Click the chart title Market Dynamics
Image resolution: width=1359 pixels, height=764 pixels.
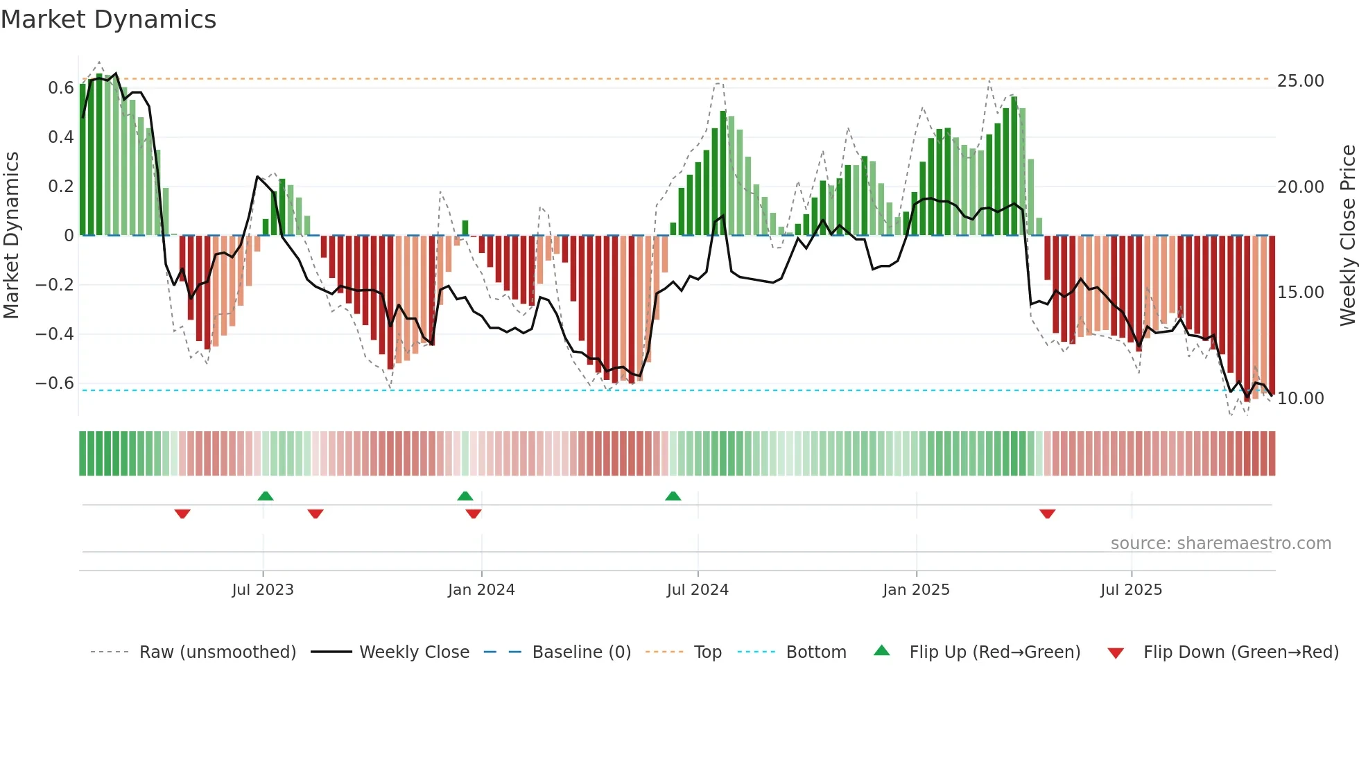pyautogui.click(x=109, y=19)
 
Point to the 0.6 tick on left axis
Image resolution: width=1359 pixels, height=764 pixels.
pyautogui.click(x=61, y=88)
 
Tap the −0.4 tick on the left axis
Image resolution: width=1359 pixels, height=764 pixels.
pyautogui.click(x=55, y=334)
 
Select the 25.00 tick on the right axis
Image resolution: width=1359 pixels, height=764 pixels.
pyautogui.click(x=1301, y=81)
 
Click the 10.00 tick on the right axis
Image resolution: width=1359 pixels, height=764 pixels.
pyautogui.click(x=1301, y=399)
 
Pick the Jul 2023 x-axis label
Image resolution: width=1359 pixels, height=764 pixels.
pyautogui.click(x=263, y=590)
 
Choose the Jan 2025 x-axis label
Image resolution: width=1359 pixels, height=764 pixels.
pyautogui.click(x=916, y=590)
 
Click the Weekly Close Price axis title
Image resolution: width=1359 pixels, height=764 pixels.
pyautogui.click(x=1347, y=236)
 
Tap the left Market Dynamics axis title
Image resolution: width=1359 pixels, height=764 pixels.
pyautogui.click(x=11, y=236)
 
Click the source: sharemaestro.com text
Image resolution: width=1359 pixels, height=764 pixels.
pyautogui.click(x=1220, y=544)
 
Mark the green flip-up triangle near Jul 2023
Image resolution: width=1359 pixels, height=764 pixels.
pyautogui.click(x=266, y=496)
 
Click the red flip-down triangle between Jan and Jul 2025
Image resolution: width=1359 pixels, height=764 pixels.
pyautogui.click(x=1047, y=514)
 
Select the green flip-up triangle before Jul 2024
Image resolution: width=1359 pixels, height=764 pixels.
pyautogui.click(x=673, y=496)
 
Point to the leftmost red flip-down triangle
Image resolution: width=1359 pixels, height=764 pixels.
pyautogui.click(x=182, y=514)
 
